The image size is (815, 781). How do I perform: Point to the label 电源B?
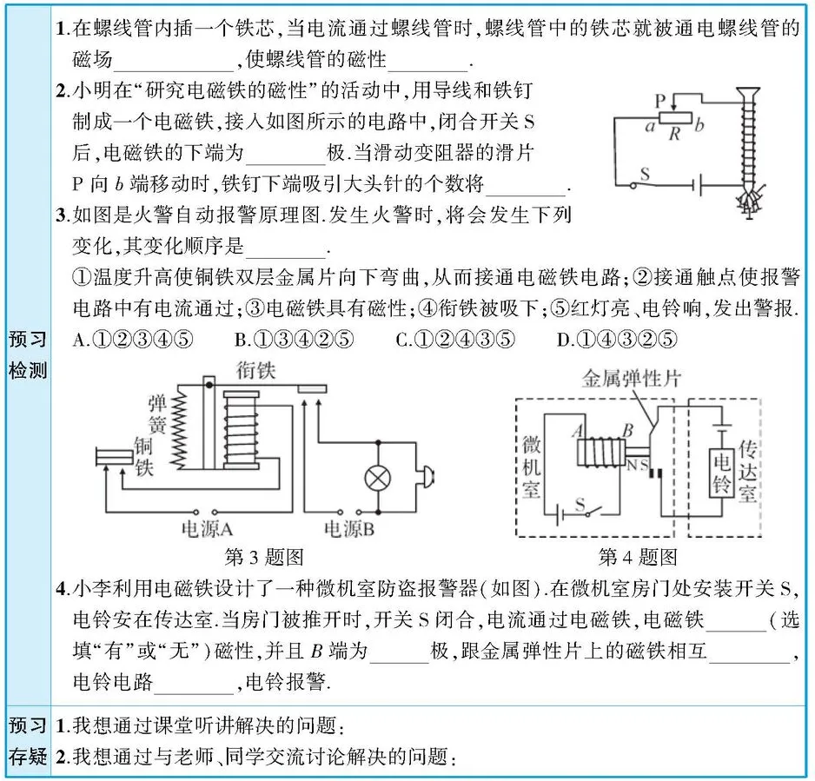[x=348, y=529]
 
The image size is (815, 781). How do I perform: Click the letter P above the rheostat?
[x=659, y=101]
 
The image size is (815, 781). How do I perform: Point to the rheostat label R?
[x=673, y=134]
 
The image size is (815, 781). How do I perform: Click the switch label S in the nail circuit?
[x=644, y=174]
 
